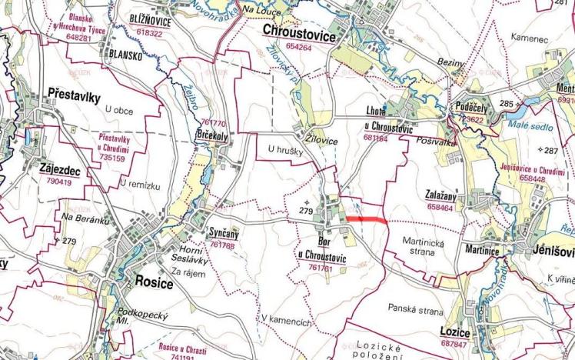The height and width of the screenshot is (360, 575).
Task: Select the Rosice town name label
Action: (154, 282)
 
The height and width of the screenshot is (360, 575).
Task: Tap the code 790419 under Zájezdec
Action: (58, 182)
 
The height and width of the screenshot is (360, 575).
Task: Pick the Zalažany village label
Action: (444, 196)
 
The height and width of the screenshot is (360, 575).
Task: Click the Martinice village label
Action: (481, 252)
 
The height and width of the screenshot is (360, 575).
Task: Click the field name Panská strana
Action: (415, 312)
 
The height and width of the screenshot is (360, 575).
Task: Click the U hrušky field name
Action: (284, 150)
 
